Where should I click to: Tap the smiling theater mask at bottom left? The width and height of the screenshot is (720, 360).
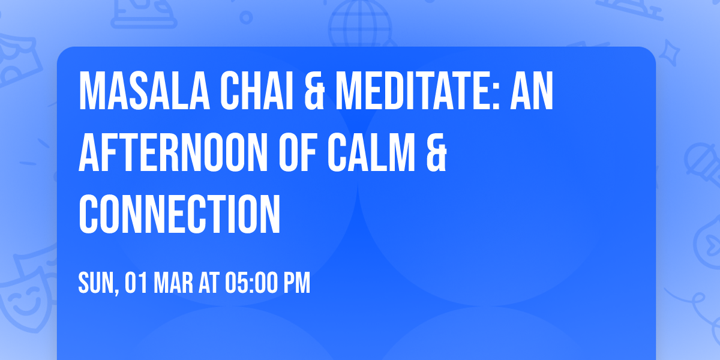coord(24,300)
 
